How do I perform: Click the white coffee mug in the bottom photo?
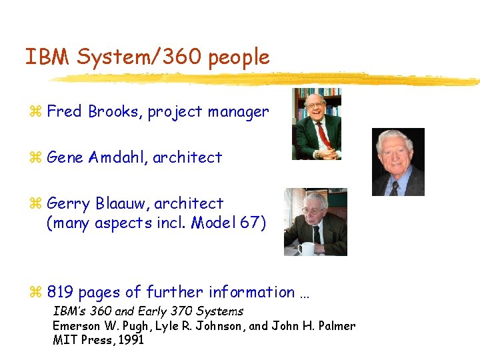306,249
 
